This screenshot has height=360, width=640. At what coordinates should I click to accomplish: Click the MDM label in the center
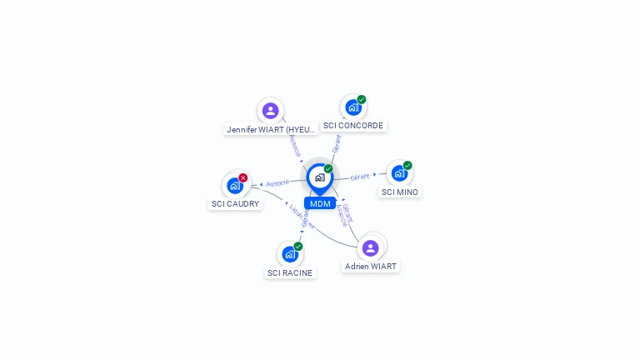[x=320, y=203]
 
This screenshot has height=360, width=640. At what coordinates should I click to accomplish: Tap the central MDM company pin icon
[x=319, y=177]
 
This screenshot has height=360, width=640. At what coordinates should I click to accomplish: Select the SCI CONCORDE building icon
[x=353, y=107]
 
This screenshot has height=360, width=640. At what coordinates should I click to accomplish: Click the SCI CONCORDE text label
[x=353, y=126]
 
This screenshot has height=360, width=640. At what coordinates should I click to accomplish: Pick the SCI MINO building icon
[x=399, y=173]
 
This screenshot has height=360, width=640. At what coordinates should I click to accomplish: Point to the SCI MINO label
[x=400, y=192]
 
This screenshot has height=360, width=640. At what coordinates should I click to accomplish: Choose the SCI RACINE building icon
[x=289, y=254]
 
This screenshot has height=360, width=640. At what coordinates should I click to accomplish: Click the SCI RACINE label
[x=290, y=272]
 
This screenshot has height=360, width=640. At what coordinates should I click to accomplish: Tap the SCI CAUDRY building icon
[x=234, y=186]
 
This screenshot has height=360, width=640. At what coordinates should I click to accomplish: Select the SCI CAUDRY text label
[x=235, y=203]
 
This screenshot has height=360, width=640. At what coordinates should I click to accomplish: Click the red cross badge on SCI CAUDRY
[x=243, y=177]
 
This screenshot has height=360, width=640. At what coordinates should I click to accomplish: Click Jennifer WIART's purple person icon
[x=270, y=111]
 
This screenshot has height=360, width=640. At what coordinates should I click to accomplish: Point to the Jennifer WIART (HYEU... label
[x=272, y=129]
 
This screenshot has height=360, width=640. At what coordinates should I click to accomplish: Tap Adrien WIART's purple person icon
[x=371, y=247]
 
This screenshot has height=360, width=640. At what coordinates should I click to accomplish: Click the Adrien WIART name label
[x=371, y=267]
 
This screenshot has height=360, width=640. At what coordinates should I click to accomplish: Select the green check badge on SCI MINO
[x=407, y=165]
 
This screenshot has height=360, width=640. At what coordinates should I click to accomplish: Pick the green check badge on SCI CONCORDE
[x=362, y=99]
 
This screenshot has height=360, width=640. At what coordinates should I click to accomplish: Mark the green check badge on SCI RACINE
[x=298, y=246]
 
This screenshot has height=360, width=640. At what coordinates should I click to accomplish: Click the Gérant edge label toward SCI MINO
[x=359, y=177]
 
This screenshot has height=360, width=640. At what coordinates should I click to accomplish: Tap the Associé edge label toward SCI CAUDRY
[x=277, y=182]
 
